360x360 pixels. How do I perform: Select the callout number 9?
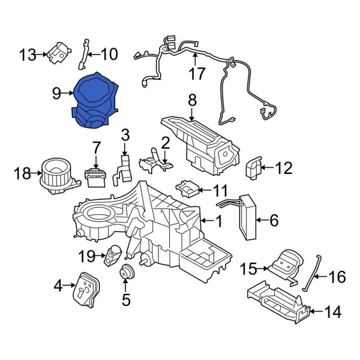pos(56,93)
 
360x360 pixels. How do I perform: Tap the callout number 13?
pos(26,55)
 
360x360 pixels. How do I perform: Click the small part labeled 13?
pos(59,53)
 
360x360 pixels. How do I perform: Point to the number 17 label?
pos(197,74)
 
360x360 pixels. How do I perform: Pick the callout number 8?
pos(192,100)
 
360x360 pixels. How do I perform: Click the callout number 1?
pos(219,221)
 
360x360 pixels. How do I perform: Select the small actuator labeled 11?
pos(187,190)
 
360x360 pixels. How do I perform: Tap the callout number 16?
pos(338,277)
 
